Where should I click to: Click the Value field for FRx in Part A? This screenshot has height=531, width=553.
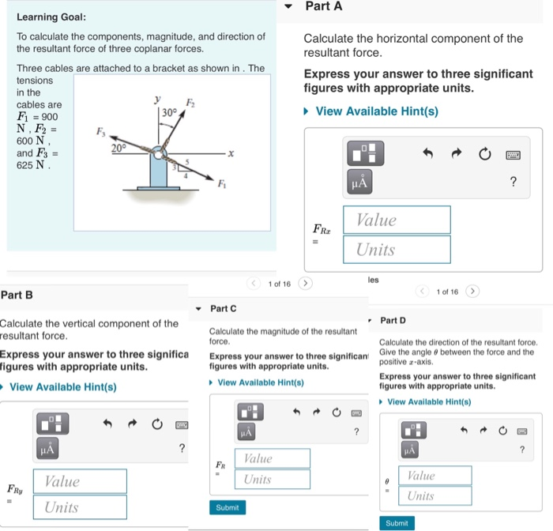(397, 220)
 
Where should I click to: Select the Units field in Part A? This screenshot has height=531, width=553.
(397, 250)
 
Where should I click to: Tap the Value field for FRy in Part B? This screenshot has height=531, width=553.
(80, 481)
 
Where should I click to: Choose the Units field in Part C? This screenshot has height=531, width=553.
(272, 480)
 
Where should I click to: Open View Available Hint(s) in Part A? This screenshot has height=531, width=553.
(376, 111)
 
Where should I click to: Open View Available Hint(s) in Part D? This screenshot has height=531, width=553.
(429, 401)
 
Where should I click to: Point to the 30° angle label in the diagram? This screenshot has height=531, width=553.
(168, 112)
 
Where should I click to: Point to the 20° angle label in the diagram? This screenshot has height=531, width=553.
(118, 148)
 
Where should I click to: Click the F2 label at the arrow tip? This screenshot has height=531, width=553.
(190, 103)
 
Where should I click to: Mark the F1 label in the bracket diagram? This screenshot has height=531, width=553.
(222, 184)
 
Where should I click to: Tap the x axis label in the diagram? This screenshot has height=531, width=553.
(230, 155)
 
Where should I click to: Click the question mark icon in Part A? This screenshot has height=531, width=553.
(513, 183)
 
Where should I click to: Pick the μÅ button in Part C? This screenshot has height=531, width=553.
(246, 431)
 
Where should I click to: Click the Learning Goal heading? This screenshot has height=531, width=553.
(51, 17)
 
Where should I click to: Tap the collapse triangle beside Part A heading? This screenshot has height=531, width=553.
(290, 7)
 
